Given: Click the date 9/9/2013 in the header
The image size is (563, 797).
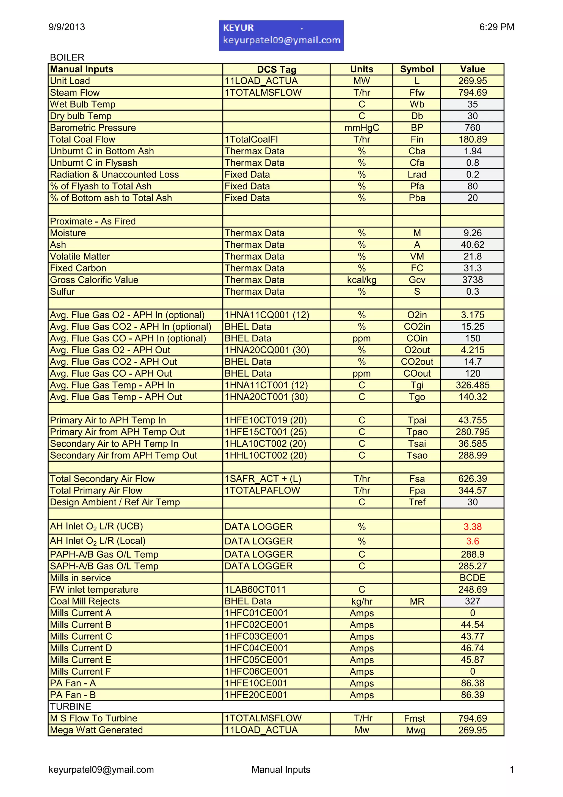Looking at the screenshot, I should point(67,27).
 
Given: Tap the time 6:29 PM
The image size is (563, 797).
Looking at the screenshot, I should point(496,27).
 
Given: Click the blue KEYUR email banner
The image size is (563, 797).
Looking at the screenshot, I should point(281,35).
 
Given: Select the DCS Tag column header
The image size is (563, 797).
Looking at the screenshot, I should point(277,69).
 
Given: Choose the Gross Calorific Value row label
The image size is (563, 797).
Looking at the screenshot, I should point(94,280).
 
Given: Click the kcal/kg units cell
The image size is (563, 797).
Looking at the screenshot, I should point(361,280).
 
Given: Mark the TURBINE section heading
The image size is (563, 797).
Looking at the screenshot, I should point(70,706).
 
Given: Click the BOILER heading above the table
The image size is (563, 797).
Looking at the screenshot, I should point(67,57).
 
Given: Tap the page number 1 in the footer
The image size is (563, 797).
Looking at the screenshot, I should point(511,769).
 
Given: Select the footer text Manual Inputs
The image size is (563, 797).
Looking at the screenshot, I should point(281,769).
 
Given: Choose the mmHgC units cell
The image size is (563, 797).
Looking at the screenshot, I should point(361,128).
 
